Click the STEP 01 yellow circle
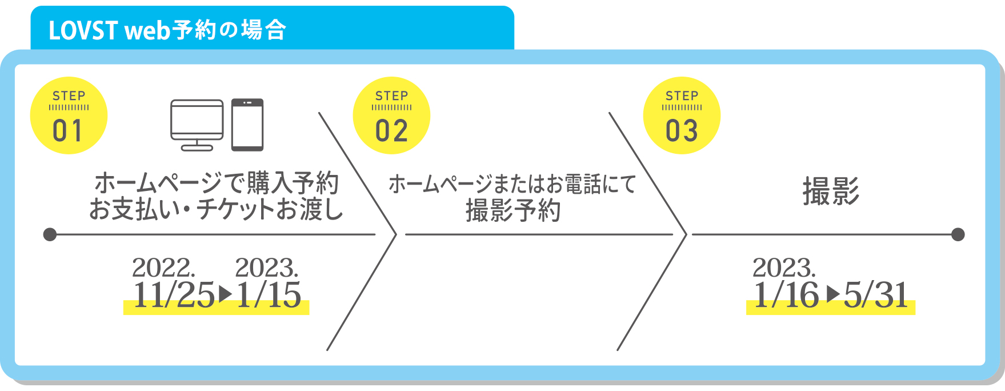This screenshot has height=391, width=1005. click(x=69, y=115)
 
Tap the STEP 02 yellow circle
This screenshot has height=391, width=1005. click(x=391, y=115)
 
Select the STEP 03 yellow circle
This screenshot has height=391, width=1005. click(x=682, y=115)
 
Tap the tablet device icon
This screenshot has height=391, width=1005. click(x=247, y=125)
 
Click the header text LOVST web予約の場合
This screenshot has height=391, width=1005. click(x=167, y=30)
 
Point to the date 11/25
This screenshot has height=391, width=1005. click(x=174, y=296)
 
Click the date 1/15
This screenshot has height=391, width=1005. click(x=269, y=296)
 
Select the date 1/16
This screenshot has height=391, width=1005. click(x=786, y=296)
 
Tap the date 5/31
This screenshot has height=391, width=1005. click(x=876, y=296)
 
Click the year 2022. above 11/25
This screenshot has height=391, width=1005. click(x=163, y=268)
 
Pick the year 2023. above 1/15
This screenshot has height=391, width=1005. click(x=266, y=268)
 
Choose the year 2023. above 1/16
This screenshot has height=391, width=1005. click(x=784, y=268)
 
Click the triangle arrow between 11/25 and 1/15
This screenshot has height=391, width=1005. click(x=226, y=294)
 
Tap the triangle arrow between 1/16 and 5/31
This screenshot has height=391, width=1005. click(x=834, y=294)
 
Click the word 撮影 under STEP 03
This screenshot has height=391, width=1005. click(x=831, y=191)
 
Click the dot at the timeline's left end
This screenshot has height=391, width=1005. click(x=50, y=234)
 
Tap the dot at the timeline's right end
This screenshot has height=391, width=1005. click(x=958, y=234)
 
